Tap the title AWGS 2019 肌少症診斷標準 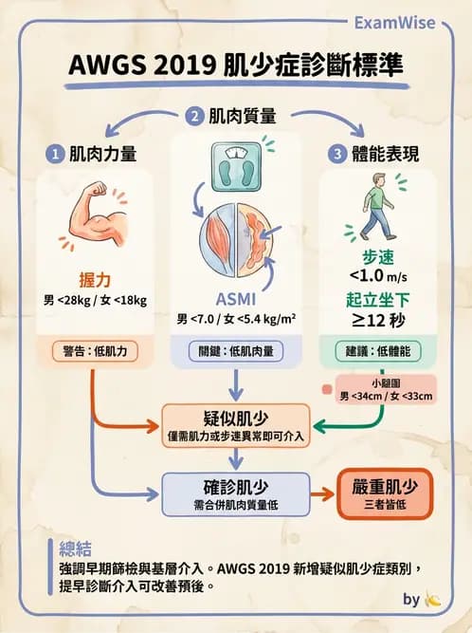pyautogui.click(x=236, y=65)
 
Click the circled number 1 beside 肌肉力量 pyautogui.click(x=56, y=152)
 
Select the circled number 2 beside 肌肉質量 pyautogui.click(x=194, y=117)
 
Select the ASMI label pyautogui.click(x=235, y=297)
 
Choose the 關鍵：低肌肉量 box pyautogui.click(x=236, y=350)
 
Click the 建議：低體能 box pyautogui.click(x=377, y=350)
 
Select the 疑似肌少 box pyautogui.click(x=236, y=424)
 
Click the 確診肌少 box pyautogui.click(x=236, y=492)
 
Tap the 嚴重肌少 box pyautogui.click(x=385, y=492)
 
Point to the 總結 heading pyautogui.click(x=76, y=548)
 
